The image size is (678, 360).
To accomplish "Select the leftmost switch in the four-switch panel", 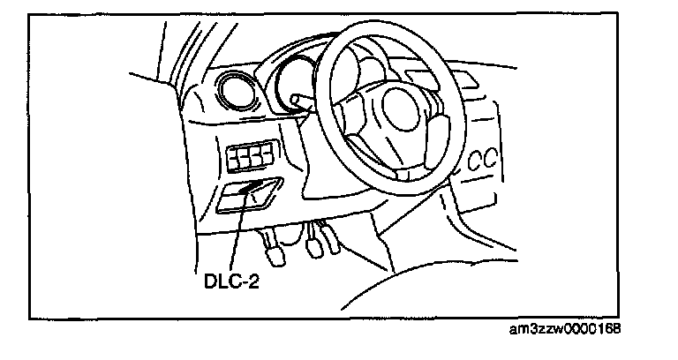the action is (235, 159).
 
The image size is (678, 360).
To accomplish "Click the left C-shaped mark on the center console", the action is (475, 161).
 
